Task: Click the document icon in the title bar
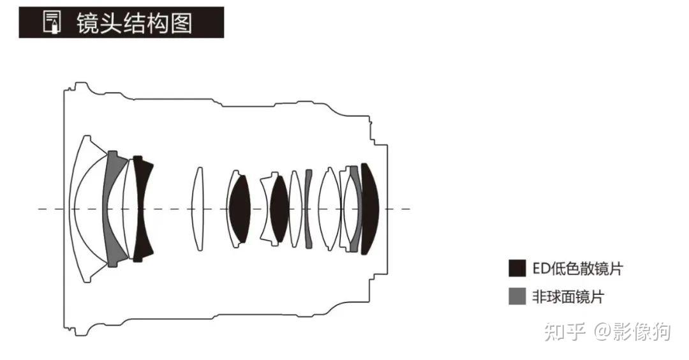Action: [x=52, y=22]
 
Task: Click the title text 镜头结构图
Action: [x=134, y=23]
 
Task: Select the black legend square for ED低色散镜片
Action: [x=517, y=268]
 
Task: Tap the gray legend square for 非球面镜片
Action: [x=517, y=296]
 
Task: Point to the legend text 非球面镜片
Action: [x=568, y=297]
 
